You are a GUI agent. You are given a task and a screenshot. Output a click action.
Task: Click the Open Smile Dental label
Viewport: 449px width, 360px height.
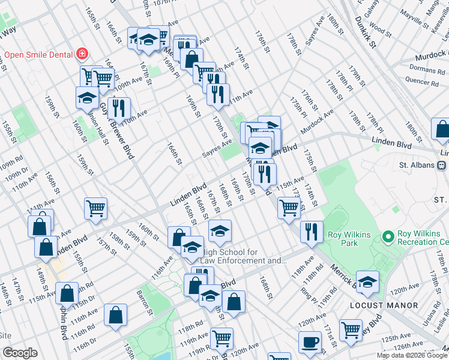pos(38,55)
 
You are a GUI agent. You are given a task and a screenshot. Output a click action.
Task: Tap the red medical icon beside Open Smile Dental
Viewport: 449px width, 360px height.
pos(82,55)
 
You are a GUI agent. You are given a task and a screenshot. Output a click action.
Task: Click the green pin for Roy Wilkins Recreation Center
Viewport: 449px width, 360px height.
pos(387,238)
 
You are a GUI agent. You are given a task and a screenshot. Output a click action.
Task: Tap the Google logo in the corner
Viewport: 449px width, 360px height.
pos(20,353)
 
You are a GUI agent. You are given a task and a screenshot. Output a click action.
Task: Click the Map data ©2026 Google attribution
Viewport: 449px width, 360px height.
pos(411,355)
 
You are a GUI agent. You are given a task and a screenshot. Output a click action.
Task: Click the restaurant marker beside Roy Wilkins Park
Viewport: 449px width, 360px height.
pos(311,232)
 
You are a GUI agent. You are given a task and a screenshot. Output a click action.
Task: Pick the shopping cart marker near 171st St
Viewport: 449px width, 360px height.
pos(350,329)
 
